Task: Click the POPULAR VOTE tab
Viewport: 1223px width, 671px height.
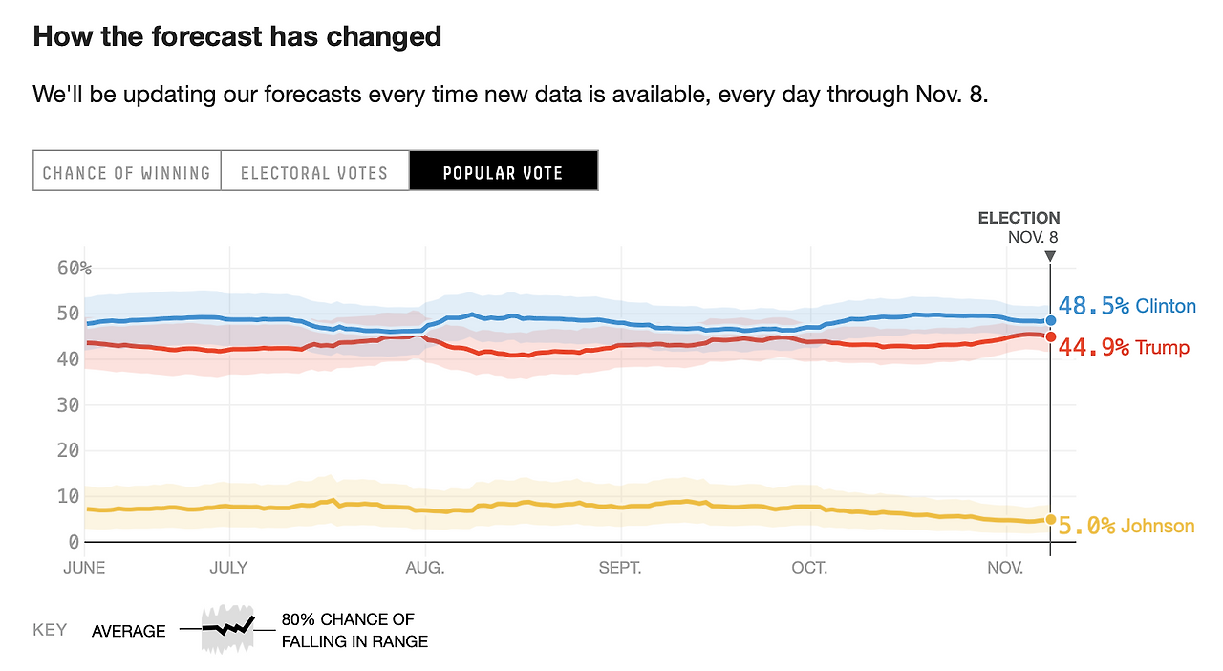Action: tap(504, 173)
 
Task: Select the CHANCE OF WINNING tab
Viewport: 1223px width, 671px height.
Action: tap(126, 173)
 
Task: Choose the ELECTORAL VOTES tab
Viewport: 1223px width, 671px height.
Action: tap(314, 173)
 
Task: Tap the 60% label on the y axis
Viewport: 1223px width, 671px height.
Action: tap(75, 268)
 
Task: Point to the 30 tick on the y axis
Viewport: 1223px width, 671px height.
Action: tap(68, 405)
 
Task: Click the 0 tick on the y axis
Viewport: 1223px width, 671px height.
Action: tap(74, 542)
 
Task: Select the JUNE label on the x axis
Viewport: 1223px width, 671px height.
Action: tap(84, 568)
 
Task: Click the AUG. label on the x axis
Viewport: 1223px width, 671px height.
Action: tap(425, 568)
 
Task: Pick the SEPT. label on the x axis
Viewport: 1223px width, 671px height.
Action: tap(621, 568)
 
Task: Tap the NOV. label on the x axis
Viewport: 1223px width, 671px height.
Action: tap(1005, 568)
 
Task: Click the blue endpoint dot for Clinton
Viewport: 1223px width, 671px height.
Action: tap(1050, 321)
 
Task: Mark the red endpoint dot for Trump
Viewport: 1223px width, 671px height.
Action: tap(1050, 336)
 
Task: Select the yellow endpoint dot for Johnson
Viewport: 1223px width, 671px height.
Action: tap(1050, 520)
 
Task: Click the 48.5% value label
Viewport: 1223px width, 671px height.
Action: tap(1094, 306)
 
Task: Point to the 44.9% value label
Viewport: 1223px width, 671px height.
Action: tap(1094, 347)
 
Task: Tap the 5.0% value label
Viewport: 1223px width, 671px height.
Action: tap(1086, 526)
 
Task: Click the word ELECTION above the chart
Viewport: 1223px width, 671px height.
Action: tap(1019, 218)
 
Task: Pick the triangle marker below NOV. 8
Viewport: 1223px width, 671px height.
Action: tap(1050, 256)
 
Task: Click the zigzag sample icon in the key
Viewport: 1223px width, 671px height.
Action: tap(227, 628)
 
